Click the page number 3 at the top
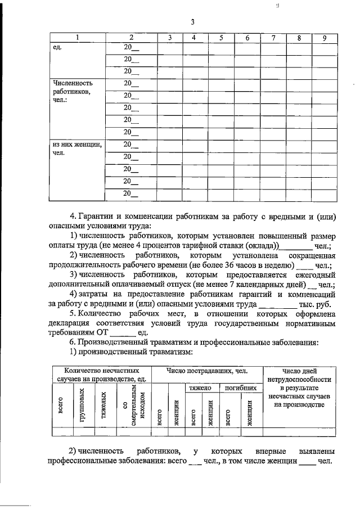pyautogui.click(x=192, y=22)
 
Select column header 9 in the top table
pyautogui.click(x=324, y=38)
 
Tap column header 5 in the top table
pyautogui.click(x=221, y=38)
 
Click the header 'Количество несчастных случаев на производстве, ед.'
pyautogui.click(x=101, y=375)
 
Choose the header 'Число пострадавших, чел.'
pyautogui.click(x=207, y=371)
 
